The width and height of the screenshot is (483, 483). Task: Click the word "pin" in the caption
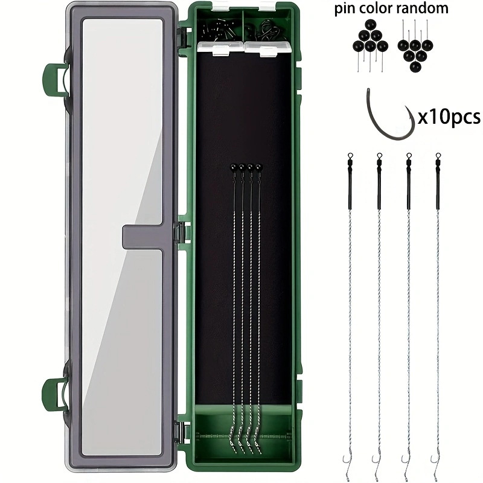344,9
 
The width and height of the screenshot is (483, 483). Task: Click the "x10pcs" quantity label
449,117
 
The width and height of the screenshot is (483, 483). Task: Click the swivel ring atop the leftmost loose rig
350,156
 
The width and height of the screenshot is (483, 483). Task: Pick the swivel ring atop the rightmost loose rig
438,156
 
